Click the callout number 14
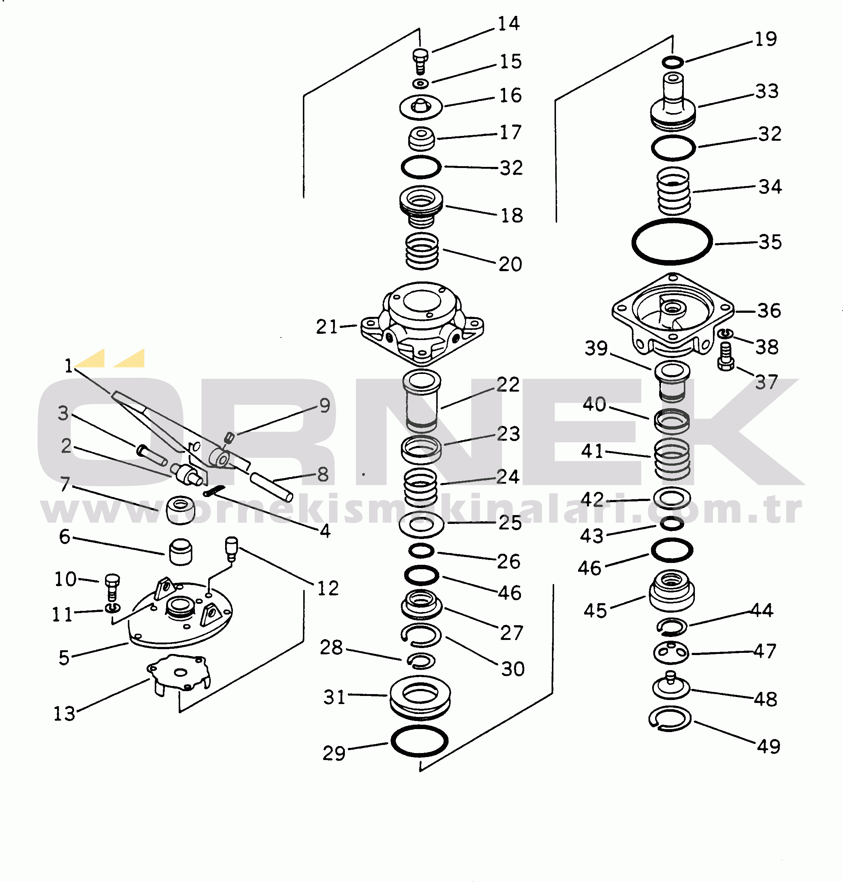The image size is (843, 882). point(509,23)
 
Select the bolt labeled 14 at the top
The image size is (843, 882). point(420,62)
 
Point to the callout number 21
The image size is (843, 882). point(327,327)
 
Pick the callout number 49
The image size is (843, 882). point(769,746)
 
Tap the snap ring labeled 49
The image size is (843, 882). point(650,719)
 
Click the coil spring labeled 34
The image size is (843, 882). point(674,191)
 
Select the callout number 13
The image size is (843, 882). point(64,714)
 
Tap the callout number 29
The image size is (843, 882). point(334,753)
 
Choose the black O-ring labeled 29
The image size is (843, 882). point(393,741)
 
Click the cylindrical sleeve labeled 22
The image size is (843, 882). point(421,400)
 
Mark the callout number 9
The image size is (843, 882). point(325,405)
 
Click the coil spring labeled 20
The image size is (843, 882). point(422,251)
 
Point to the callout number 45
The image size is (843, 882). point(595,610)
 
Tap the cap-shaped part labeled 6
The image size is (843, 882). point(181,552)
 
